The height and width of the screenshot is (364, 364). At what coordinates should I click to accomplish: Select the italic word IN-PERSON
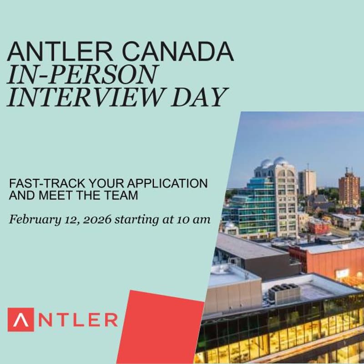pos(82,74)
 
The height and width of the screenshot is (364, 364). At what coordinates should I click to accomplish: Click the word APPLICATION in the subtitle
pos(168,184)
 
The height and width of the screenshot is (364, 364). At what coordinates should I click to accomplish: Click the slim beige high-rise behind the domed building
pos(307,182)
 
